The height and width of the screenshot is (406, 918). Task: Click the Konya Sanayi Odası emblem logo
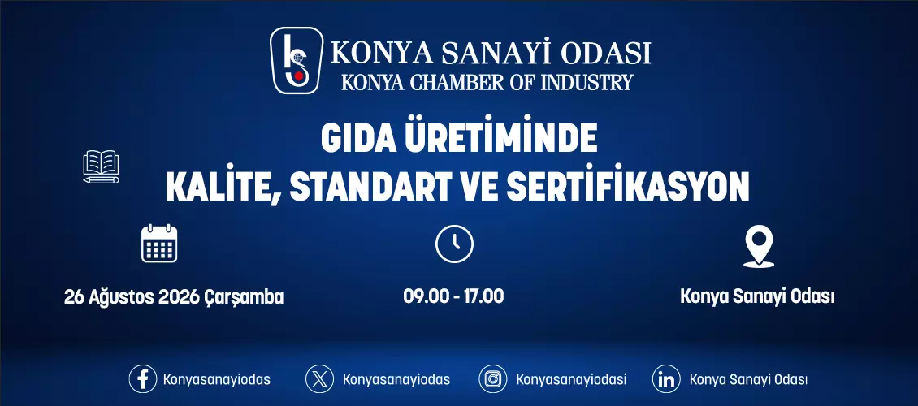[x=297, y=61]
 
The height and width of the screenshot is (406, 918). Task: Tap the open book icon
[x=102, y=166]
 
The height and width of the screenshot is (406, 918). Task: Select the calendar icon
[x=159, y=243]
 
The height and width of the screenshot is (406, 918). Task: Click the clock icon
[x=454, y=244]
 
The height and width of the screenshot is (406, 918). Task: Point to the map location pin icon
[x=758, y=247]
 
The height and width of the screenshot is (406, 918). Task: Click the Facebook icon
[x=143, y=379]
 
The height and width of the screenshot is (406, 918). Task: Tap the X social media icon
[x=319, y=379]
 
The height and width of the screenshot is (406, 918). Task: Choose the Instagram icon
[x=493, y=379]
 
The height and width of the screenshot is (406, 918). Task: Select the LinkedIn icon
[x=666, y=379]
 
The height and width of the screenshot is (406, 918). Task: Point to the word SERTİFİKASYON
[x=628, y=186]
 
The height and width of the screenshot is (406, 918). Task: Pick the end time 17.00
[x=484, y=296]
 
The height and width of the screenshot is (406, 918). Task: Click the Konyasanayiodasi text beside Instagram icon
[x=571, y=380]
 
